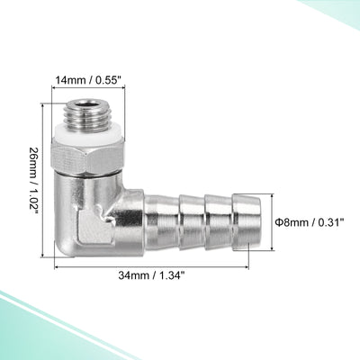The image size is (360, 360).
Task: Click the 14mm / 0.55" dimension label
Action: coord(88,81)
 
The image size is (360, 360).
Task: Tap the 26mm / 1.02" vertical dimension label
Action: coord(34,181)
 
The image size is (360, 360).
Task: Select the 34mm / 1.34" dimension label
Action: coord(151,275)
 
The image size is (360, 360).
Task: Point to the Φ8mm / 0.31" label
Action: coord(310,222)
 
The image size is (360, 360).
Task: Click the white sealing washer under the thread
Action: coord(88,137)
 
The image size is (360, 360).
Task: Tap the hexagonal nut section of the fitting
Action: coord(88,157)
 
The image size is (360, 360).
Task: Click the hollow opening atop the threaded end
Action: coord(88,105)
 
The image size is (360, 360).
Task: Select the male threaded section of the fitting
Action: coord(88,116)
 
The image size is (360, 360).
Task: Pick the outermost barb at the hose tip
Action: coord(247,222)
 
